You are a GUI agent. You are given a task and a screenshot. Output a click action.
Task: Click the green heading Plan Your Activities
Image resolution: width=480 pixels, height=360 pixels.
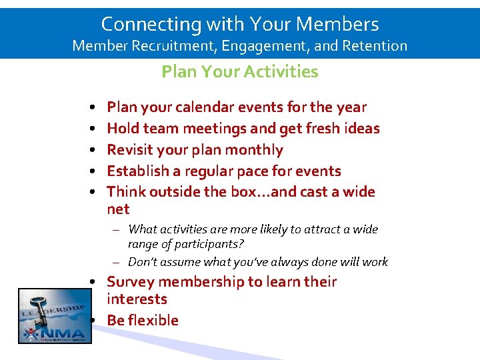click(x=239, y=71)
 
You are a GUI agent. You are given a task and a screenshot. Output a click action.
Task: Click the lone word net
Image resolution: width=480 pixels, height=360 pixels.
click(x=118, y=209)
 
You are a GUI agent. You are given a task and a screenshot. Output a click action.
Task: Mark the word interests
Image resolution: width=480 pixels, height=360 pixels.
click(x=137, y=299)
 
